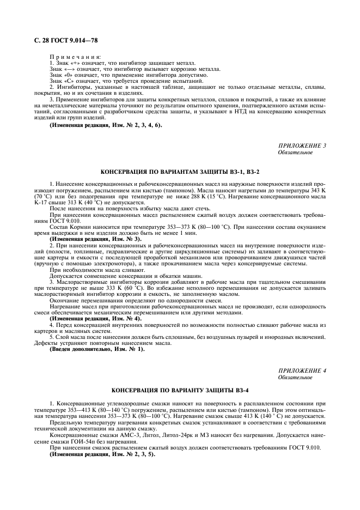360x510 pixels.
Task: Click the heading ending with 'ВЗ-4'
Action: (x=180, y=391)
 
